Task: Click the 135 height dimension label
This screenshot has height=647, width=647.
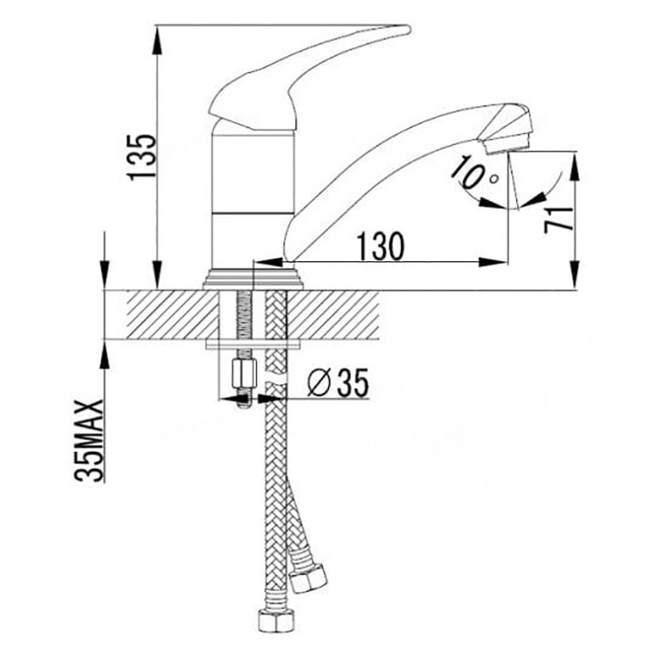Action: [x=142, y=156]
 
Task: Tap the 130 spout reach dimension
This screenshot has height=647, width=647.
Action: [x=380, y=246]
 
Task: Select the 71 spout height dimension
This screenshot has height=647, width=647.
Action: [x=559, y=220]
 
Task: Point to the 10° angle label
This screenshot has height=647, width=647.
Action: [x=476, y=172]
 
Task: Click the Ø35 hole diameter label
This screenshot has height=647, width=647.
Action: [x=337, y=383]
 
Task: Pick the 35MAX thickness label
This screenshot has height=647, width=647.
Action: [x=89, y=440]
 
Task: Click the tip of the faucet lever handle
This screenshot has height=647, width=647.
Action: [x=408, y=29]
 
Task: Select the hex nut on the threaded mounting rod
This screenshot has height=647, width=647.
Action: [x=244, y=374]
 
